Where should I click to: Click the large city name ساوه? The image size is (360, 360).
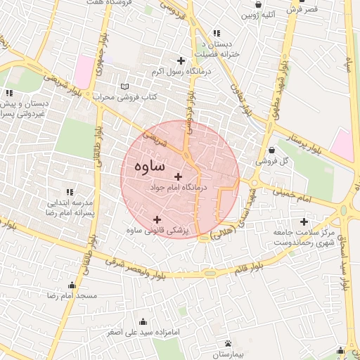148,167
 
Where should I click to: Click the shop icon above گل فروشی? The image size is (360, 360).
272,150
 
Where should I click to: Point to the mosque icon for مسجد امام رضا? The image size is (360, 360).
72,285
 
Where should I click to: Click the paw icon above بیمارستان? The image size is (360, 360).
229,344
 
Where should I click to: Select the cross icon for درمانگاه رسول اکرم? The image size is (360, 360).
182,60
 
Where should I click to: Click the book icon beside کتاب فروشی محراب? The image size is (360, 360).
125,86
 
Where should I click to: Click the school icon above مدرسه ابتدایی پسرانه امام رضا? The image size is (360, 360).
69,191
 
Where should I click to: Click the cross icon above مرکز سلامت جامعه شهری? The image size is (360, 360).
304,222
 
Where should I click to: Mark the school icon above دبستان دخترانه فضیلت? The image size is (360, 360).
216,32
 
